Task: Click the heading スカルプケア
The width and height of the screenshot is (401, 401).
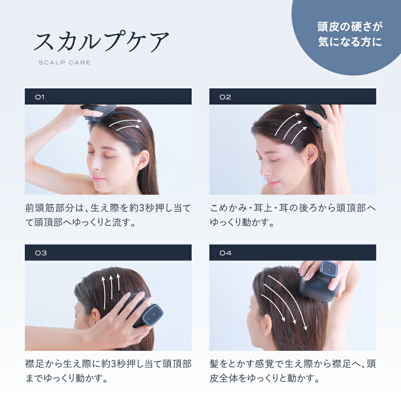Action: tap(101, 42)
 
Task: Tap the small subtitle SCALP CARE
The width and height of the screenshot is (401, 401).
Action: tap(64, 63)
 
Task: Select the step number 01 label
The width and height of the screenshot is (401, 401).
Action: tap(40, 97)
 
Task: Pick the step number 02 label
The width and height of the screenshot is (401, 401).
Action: tap(225, 97)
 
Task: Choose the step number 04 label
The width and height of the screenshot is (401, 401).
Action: tap(225, 253)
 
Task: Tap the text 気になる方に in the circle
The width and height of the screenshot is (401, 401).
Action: tap(350, 42)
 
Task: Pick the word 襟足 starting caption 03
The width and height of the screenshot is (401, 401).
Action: tap(34, 364)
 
